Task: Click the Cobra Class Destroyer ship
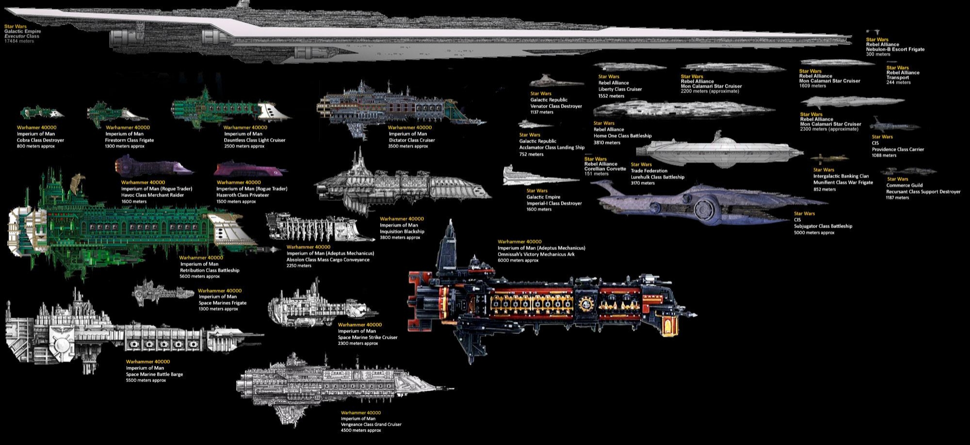point(42,113)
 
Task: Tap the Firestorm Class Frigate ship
point(116,114)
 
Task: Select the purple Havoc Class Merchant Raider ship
point(153,166)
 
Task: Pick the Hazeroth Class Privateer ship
point(250,169)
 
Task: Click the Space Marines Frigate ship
point(162,292)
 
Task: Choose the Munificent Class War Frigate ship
point(830,159)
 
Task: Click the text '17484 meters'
point(19,41)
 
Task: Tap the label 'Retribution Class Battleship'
point(210,270)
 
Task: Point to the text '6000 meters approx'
point(518,261)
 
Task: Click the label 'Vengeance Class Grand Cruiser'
point(371,425)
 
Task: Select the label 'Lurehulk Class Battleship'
point(657,177)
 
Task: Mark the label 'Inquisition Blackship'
point(402,231)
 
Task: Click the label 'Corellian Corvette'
point(605,169)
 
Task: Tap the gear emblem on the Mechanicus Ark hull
point(586,304)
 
